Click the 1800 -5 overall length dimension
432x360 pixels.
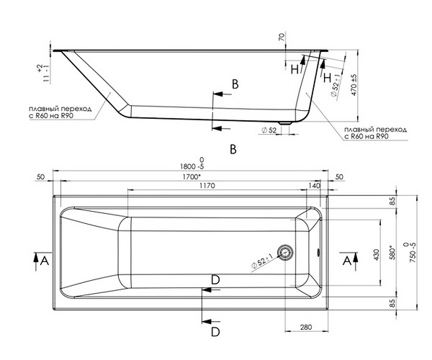(x=192, y=163)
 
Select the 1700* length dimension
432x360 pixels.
(x=192, y=176)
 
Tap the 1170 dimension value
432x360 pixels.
(x=207, y=185)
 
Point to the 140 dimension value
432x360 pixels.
(x=315, y=185)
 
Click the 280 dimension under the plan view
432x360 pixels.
(x=306, y=327)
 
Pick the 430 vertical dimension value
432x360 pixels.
(x=377, y=255)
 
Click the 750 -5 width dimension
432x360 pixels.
(x=410, y=252)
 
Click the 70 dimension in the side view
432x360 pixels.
(x=282, y=36)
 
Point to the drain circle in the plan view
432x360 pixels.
(x=284, y=252)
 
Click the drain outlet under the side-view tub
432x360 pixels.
(x=285, y=123)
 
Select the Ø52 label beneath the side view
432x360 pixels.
(x=269, y=130)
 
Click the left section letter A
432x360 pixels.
(x=44, y=260)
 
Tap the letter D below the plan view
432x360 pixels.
(x=215, y=332)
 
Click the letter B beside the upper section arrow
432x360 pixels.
(x=235, y=84)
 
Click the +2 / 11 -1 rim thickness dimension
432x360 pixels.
(x=42, y=73)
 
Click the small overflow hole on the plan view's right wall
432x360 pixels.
(x=319, y=252)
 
